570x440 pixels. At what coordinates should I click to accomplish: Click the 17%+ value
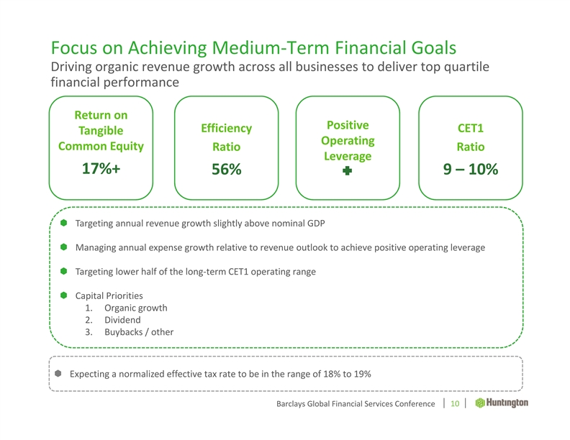point(101,170)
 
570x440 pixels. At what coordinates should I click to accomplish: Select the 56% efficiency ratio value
point(225,170)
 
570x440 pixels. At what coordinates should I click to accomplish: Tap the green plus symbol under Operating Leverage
point(347,172)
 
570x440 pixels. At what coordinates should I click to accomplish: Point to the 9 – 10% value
point(471,170)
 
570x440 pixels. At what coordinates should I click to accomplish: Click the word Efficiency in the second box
point(226,129)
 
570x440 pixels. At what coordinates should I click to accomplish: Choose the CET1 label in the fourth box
point(471,129)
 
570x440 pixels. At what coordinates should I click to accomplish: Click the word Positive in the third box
point(348,124)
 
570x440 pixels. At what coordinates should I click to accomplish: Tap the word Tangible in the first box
point(101,130)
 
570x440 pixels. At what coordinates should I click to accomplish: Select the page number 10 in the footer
point(455,405)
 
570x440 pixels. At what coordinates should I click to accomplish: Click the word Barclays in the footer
point(294,405)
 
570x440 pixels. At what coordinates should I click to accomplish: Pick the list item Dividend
point(122,320)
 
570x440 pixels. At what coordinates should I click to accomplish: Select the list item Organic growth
point(135,308)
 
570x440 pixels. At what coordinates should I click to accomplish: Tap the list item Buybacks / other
point(138,332)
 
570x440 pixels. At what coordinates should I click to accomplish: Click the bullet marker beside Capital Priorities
point(63,295)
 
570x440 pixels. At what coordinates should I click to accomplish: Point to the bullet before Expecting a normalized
point(58,374)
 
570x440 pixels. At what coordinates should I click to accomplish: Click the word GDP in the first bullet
point(316,223)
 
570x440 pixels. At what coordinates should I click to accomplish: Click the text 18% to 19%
point(346,374)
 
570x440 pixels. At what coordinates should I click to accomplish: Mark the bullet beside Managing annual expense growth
point(63,247)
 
